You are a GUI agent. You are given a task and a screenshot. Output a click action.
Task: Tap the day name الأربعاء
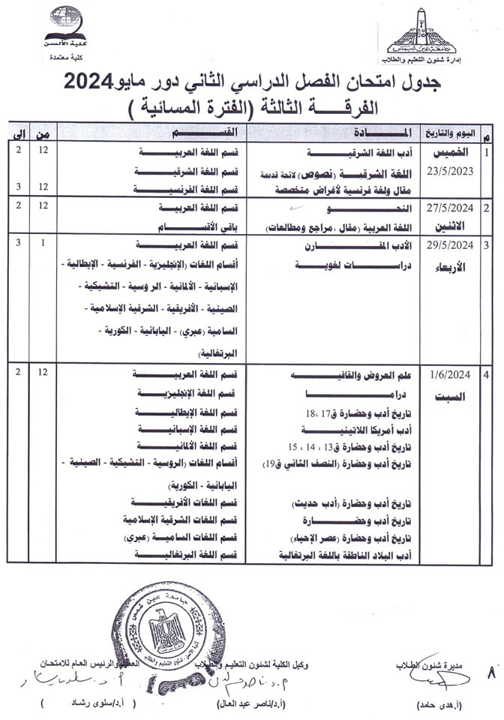click(x=453, y=268)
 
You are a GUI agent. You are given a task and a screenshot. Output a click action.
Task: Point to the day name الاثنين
click(x=453, y=225)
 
